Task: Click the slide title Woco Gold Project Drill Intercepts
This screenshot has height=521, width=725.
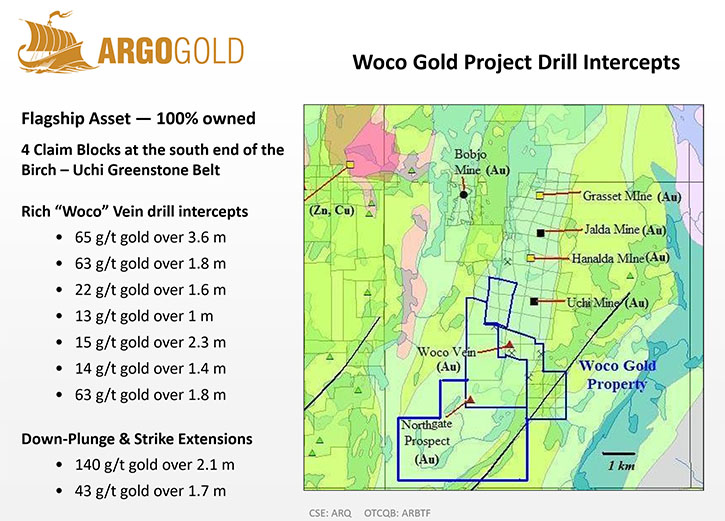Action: tap(516, 62)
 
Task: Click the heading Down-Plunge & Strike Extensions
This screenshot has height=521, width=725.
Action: tap(137, 439)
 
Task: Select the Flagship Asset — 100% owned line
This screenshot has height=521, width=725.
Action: tap(138, 118)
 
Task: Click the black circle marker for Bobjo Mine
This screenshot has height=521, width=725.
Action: tap(464, 195)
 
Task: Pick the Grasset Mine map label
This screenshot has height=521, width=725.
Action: tap(632, 196)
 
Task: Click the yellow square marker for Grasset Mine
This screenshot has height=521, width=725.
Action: tap(540, 196)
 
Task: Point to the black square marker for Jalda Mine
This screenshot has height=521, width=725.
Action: tap(541, 233)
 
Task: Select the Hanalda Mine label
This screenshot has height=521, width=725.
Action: tap(621, 258)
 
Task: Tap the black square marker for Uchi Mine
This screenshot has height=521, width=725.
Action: tap(534, 302)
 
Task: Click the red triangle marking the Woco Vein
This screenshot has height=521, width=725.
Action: tap(509, 344)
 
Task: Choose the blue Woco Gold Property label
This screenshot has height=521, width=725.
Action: tap(617, 375)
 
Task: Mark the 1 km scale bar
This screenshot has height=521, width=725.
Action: tap(619, 453)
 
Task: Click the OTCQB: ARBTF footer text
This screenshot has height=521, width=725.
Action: tap(397, 513)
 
